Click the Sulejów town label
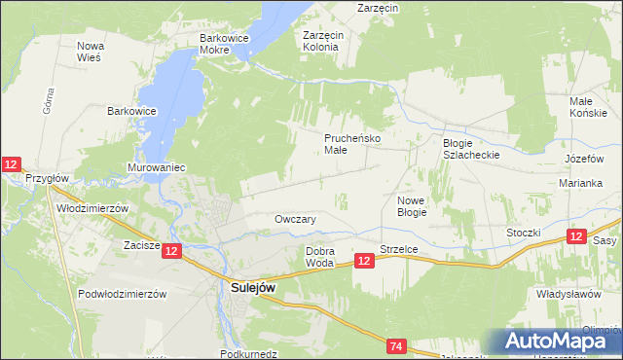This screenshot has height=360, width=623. (x=255, y=287)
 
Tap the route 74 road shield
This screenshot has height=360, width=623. (x=396, y=346)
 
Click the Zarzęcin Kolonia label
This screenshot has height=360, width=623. (x=321, y=40)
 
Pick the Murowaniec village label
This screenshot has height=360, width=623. (x=156, y=167)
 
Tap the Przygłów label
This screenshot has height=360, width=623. (x=47, y=178)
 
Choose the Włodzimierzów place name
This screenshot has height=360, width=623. (x=93, y=208)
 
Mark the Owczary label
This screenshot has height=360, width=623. (x=296, y=220)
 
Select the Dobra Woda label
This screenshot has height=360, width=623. (x=320, y=257)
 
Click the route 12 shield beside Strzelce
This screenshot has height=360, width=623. (x=364, y=261)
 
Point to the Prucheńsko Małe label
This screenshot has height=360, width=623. (x=351, y=144)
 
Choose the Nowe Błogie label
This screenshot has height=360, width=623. (x=413, y=205)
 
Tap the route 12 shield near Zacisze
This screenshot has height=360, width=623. (x=171, y=251)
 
